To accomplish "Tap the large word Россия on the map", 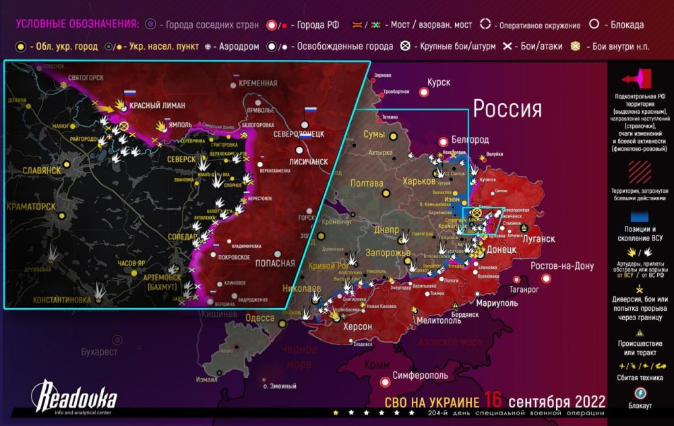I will coord(507,108).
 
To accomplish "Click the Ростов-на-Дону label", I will coord(562,266).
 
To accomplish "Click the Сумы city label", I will coord(374,135).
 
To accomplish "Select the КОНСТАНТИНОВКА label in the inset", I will coord(49,299).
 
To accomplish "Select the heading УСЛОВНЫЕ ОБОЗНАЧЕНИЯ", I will coord(77,24).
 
